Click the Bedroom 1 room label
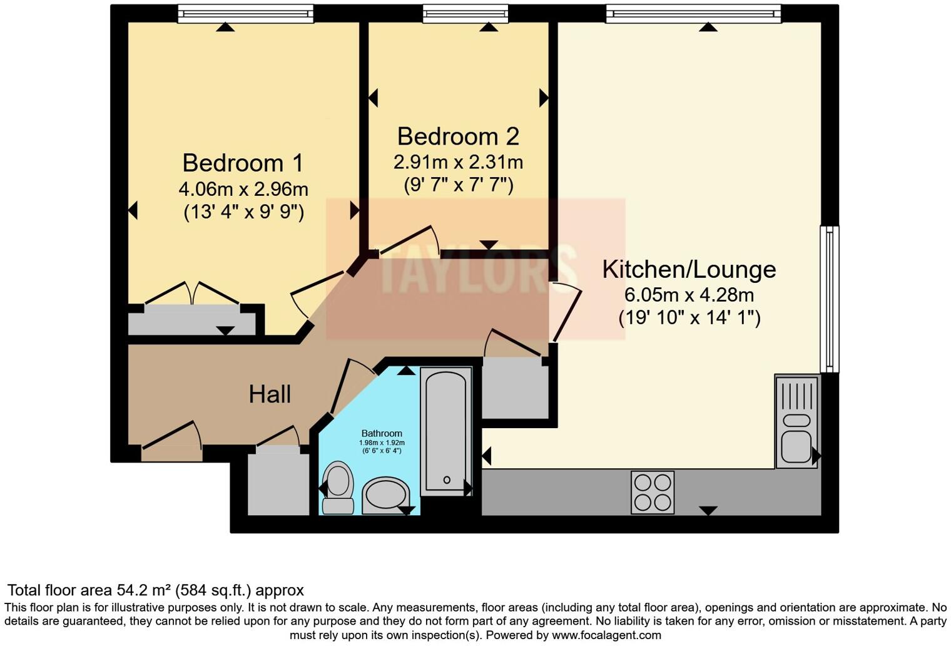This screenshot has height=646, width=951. pyautogui.click(x=243, y=163)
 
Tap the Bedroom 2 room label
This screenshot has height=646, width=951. pyautogui.click(x=458, y=136)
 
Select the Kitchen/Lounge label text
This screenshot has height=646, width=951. pyautogui.click(x=689, y=270)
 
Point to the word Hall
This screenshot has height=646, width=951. pyautogui.click(x=270, y=394)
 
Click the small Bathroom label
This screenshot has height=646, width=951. pyautogui.click(x=382, y=433)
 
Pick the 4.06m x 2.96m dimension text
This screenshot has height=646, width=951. pyautogui.click(x=243, y=189)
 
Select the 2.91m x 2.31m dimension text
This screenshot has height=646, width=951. pyautogui.click(x=458, y=162)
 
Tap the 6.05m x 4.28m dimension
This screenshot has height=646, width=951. pyautogui.click(x=689, y=295)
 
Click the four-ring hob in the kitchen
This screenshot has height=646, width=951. pyautogui.click(x=653, y=492)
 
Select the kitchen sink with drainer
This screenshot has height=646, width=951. pyautogui.click(x=797, y=421)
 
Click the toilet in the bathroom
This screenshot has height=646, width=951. pyautogui.click(x=338, y=488)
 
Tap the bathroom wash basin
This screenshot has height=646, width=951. pyautogui.click(x=386, y=496)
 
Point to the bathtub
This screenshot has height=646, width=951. pyautogui.click(x=446, y=431)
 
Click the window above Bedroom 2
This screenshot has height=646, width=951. pyautogui.click(x=465, y=14)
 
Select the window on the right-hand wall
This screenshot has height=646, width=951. pyautogui.click(x=829, y=299)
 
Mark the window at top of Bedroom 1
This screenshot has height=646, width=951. pyautogui.click(x=245, y=14)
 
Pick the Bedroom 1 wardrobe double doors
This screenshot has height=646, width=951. pyautogui.click(x=192, y=292)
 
